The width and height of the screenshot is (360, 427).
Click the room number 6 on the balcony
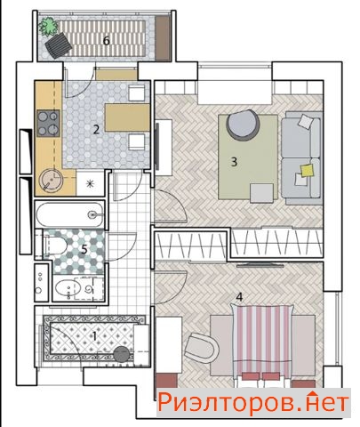click(107, 41)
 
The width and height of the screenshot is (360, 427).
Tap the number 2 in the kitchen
click(96, 130)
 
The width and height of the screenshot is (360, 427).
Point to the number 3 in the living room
click(234, 162)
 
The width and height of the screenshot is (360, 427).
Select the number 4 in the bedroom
click(239, 297)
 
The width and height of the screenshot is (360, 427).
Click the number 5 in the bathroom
click(84, 250)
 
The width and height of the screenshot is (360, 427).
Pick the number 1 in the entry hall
click(94, 336)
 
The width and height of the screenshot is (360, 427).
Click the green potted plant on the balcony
click(48, 26)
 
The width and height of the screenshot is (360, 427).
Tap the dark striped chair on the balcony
click(58, 45)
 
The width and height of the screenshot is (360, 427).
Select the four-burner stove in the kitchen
click(48, 124)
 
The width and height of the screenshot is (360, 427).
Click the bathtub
click(70, 214)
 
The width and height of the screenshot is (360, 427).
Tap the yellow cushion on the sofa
click(307, 171)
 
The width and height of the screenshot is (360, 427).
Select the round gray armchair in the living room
click(243, 125)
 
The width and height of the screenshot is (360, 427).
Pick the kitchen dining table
click(127, 117)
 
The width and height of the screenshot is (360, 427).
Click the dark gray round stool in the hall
click(121, 354)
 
